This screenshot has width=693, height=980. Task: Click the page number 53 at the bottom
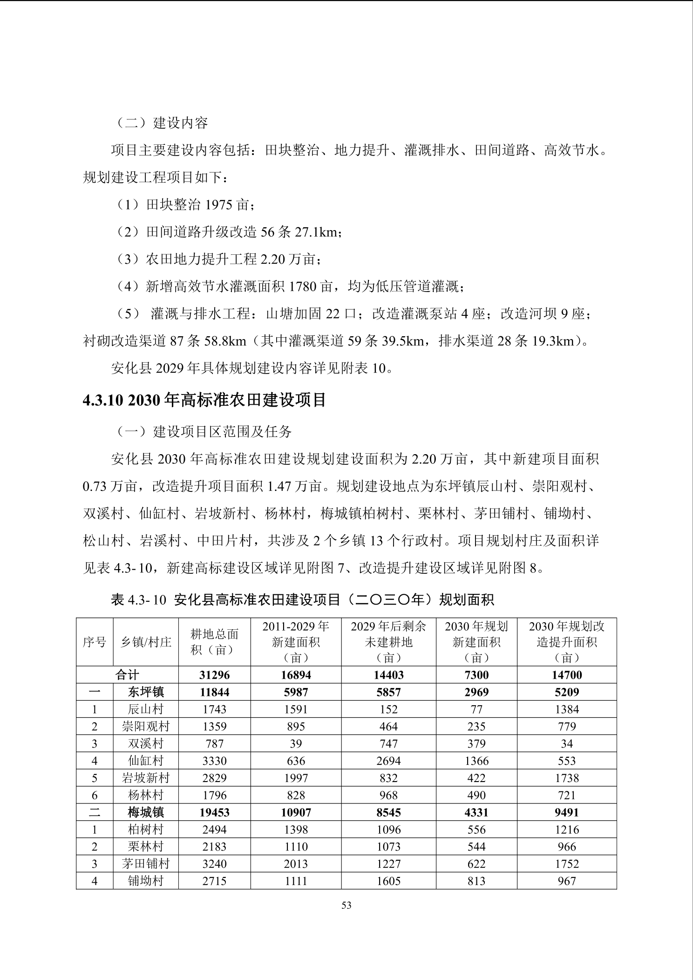coord(346,905)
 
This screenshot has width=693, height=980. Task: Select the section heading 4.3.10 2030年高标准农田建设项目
coord(204,400)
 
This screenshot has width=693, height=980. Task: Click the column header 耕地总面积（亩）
coord(214,642)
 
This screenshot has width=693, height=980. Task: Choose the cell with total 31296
coord(214,675)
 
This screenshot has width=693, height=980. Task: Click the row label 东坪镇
coord(146,692)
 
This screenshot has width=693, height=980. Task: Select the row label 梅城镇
coord(146,812)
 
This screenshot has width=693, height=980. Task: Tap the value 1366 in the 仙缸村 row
coord(476,761)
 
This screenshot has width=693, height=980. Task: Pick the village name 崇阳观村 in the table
coord(146,727)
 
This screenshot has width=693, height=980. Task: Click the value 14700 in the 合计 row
coord(567,675)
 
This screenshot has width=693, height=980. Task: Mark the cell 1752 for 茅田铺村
coord(567,864)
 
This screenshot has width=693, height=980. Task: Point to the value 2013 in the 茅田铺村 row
coord(296,864)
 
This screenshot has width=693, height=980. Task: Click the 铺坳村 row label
coord(146,881)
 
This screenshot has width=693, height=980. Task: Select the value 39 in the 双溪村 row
coord(296,744)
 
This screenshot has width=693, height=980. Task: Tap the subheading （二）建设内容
coord(162,123)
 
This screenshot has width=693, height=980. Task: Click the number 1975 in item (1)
coord(219,204)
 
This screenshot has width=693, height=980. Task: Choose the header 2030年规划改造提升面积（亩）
coord(567,642)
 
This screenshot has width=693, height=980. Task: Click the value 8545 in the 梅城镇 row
coord(388,812)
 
